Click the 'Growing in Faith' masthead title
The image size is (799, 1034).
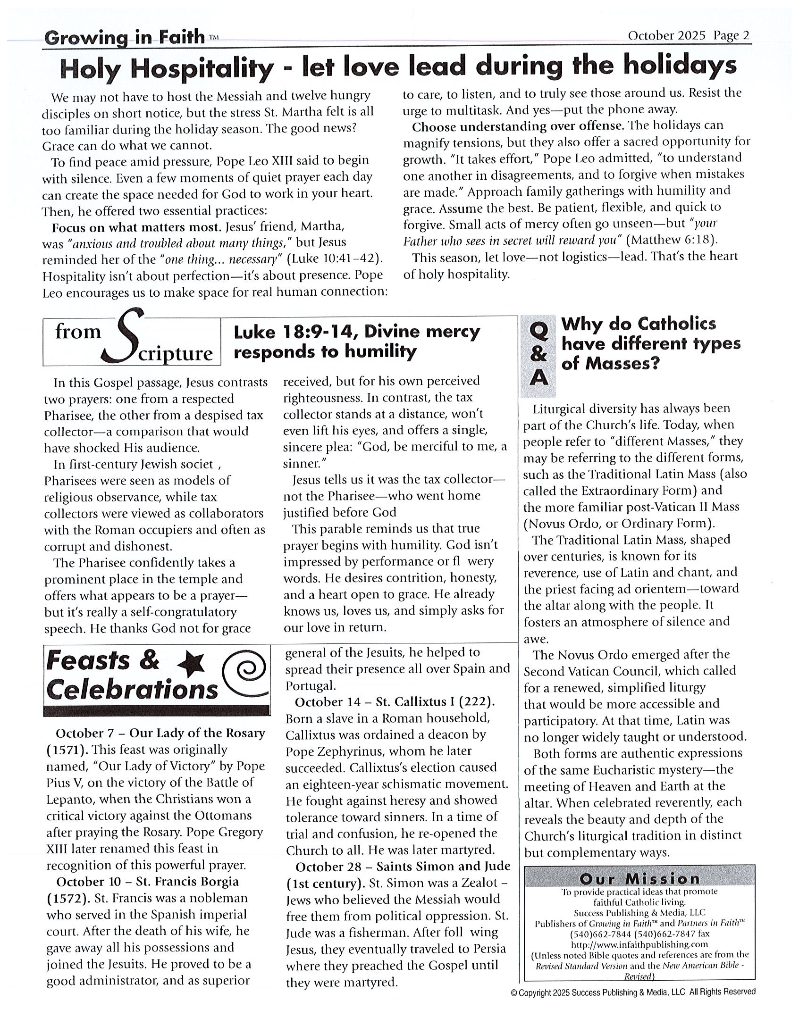point(125,37)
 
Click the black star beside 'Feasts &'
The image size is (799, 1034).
point(192,664)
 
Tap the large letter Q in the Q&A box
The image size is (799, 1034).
point(538,331)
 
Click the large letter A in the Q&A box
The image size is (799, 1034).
point(538,378)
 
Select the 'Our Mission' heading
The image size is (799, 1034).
point(639,879)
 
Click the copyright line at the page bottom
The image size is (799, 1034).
point(633,992)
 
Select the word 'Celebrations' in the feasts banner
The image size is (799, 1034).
point(132,689)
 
